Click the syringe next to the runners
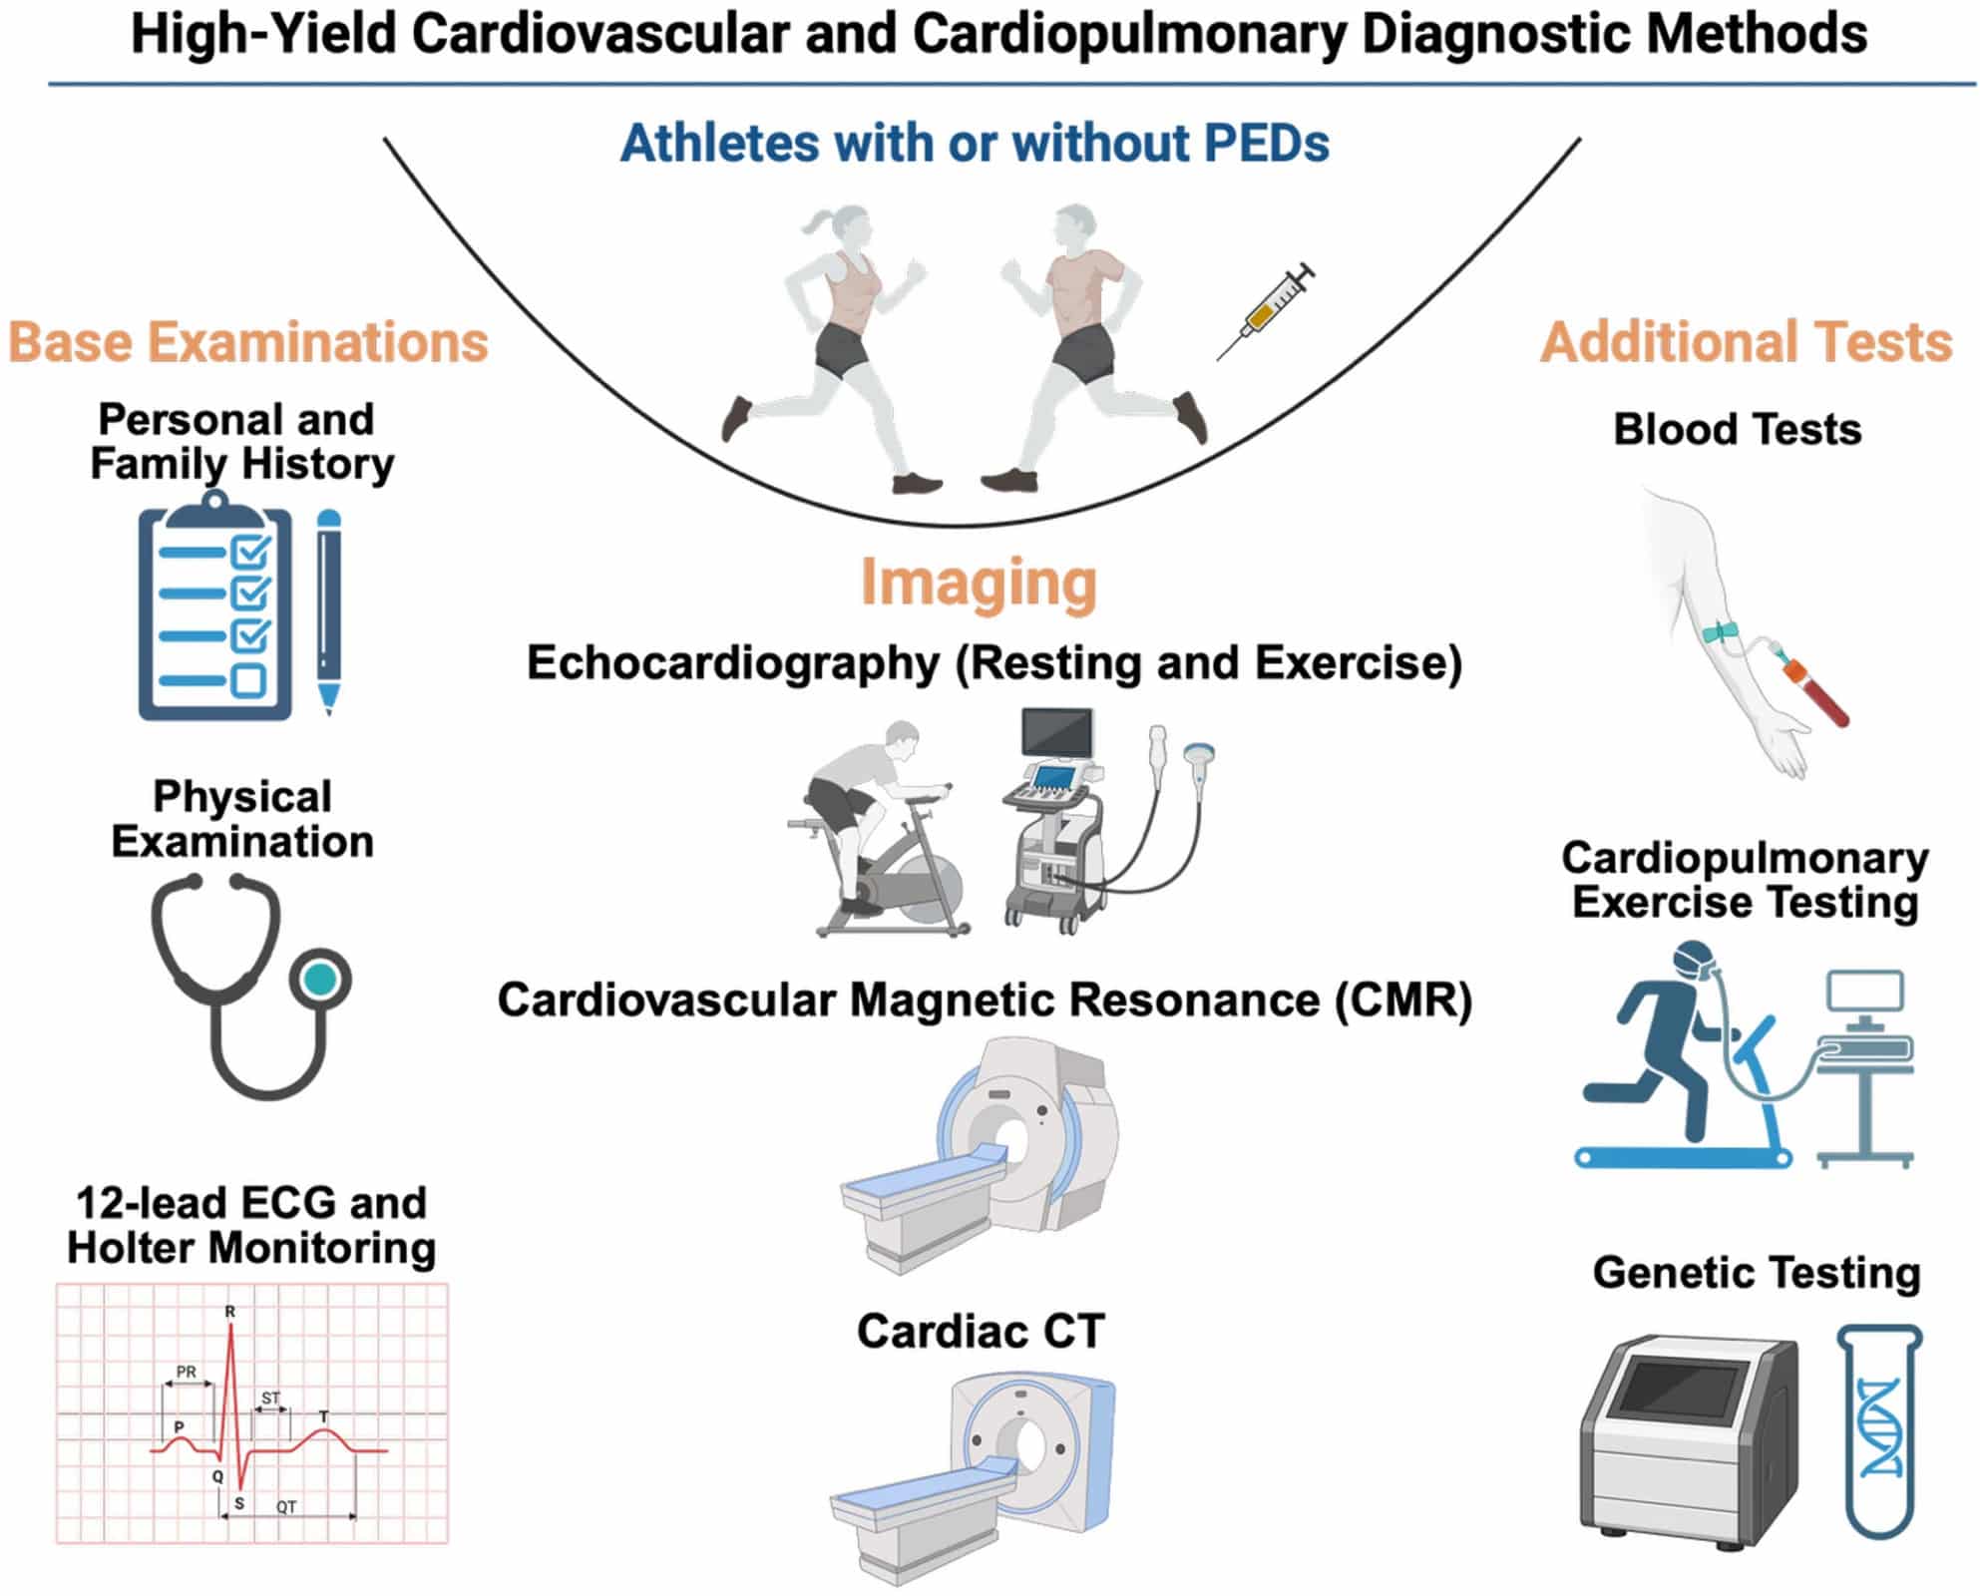[x=1265, y=310]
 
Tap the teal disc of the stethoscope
[x=320, y=980]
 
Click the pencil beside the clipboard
[x=328, y=611]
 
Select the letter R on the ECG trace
[x=230, y=1312]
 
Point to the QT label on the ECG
[x=286, y=1507]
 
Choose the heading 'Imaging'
[x=979, y=583]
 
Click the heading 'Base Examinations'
[x=248, y=342]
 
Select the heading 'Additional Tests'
[x=1746, y=342]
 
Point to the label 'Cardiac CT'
[x=981, y=1332]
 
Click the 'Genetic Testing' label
[x=1756, y=1274]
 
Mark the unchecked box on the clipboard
[x=248, y=681]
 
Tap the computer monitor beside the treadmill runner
[x=1865, y=993]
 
